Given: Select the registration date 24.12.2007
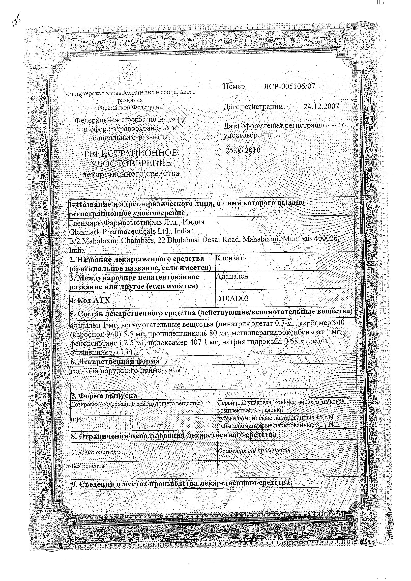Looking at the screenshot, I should point(321,107).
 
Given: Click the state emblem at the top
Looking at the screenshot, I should point(130,74).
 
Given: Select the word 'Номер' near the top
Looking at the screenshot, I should point(234,86).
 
